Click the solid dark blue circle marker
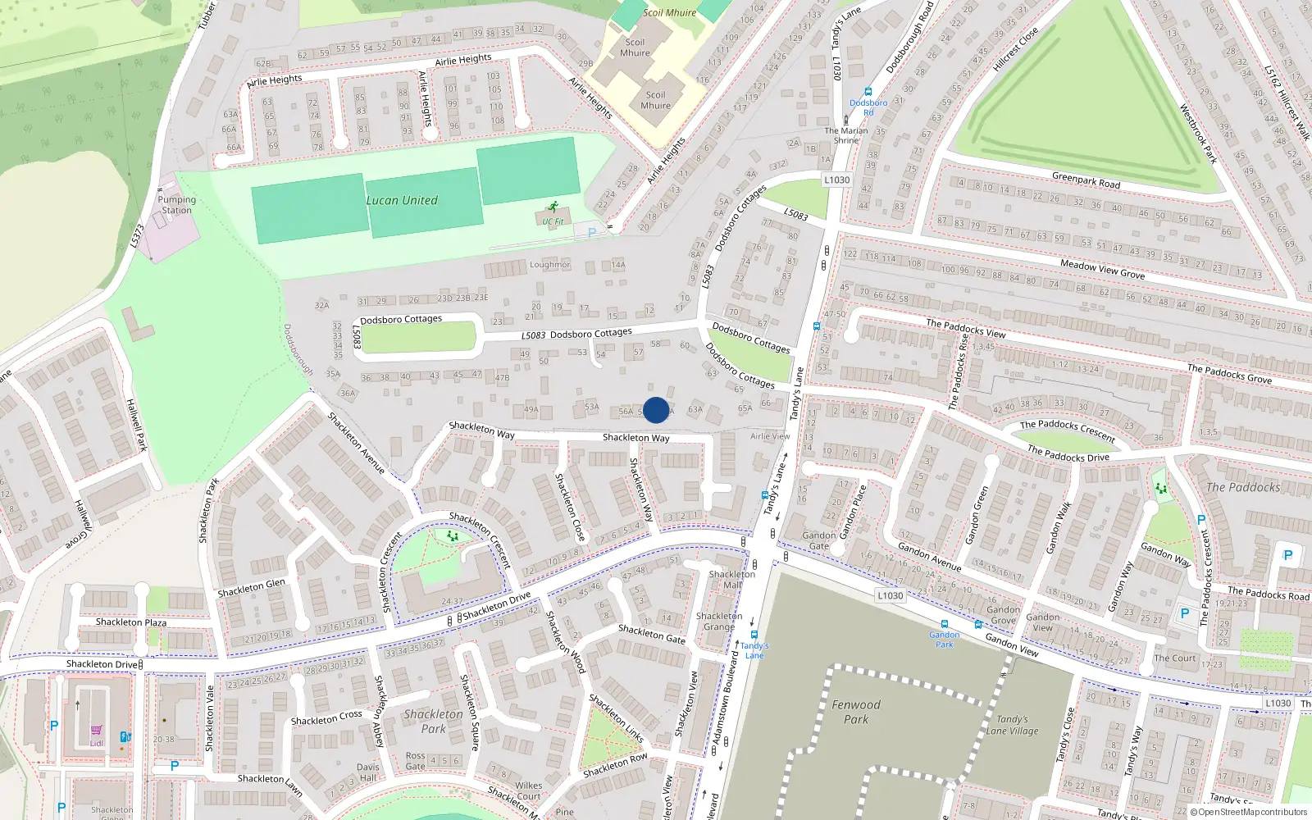pyautogui.click(x=656, y=410)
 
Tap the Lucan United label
pyautogui.click(x=402, y=200)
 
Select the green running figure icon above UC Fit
pyautogui.click(x=553, y=207)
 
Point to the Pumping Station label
pyautogui.click(x=176, y=205)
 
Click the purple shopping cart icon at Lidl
pyautogui.click(x=97, y=731)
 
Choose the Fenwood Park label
pyautogui.click(x=856, y=712)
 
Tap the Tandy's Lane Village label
pyautogui.click(x=1012, y=725)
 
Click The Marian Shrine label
pyautogui.click(x=846, y=135)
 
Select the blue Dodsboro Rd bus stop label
pyautogui.click(x=868, y=107)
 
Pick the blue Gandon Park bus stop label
pyautogui.click(x=945, y=639)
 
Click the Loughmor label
pyautogui.click(x=549, y=265)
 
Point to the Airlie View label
pyautogui.click(x=770, y=436)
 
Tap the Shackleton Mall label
pyautogui.click(x=732, y=580)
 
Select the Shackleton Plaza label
pyautogui.click(x=131, y=622)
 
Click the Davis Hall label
pyautogui.click(x=368, y=772)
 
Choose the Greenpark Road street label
pyautogui.click(x=1086, y=180)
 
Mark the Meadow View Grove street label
pyautogui.click(x=1102, y=270)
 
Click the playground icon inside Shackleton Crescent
pyautogui.click(x=452, y=536)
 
